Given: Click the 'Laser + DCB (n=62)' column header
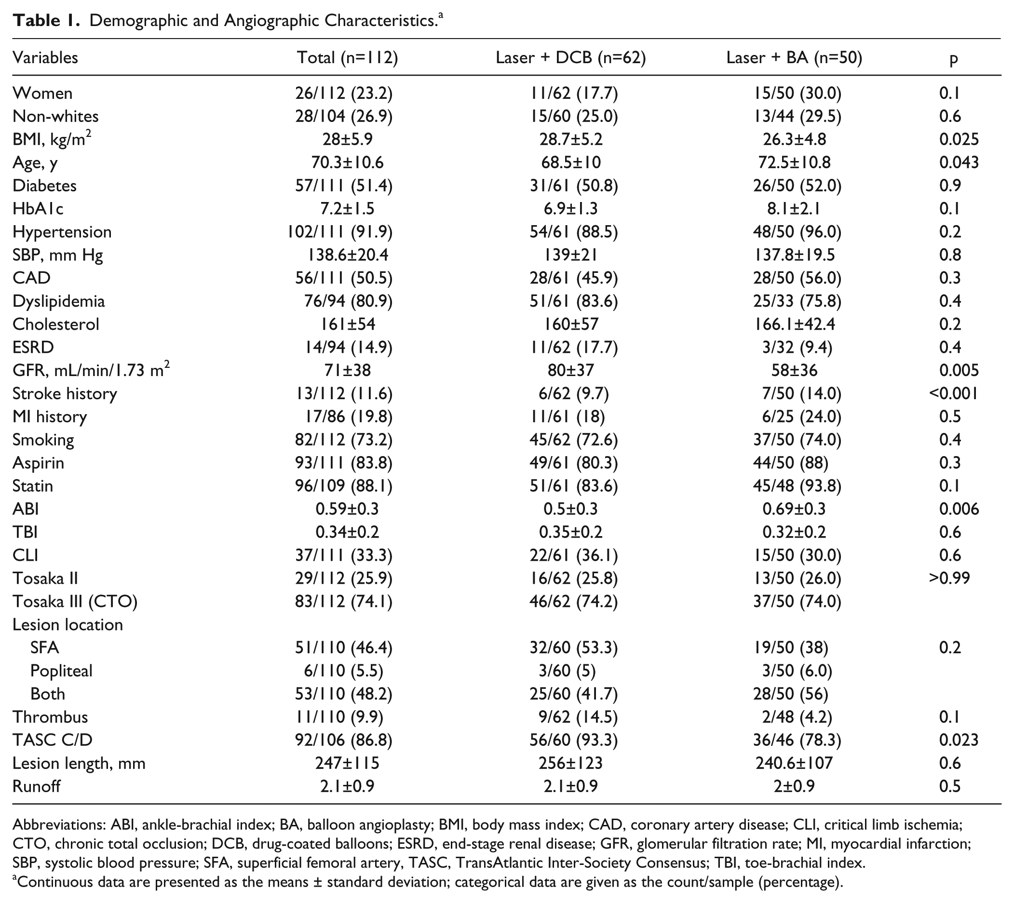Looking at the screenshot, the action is [x=570, y=58].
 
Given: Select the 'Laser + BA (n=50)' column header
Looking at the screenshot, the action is [x=794, y=58].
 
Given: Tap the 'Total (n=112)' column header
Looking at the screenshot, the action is [x=347, y=58].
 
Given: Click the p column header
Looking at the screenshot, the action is [x=953, y=59].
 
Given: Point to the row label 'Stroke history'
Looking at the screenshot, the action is [x=65, y=393].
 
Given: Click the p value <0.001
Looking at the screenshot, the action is [x=953, y=393].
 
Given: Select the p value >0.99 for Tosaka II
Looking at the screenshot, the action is [x=949, y=578].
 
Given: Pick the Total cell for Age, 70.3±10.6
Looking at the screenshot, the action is [x=347, y=162].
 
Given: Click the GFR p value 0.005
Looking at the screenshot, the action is [x=959, y=370].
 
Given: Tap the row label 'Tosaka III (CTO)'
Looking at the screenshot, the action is [x=75, y=601].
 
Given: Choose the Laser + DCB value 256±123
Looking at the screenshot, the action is [x=570, y=763].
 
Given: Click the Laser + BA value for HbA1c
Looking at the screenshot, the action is [x=794, y=208].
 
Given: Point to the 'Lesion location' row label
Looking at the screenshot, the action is [x=68, y=624].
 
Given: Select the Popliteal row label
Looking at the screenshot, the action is [x=62, y=671].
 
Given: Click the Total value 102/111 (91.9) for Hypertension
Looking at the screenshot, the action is [x=340, y=232].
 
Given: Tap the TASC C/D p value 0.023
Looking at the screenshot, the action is [x=959, y=740].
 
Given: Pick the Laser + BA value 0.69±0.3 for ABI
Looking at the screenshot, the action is [x=794, y=509].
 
